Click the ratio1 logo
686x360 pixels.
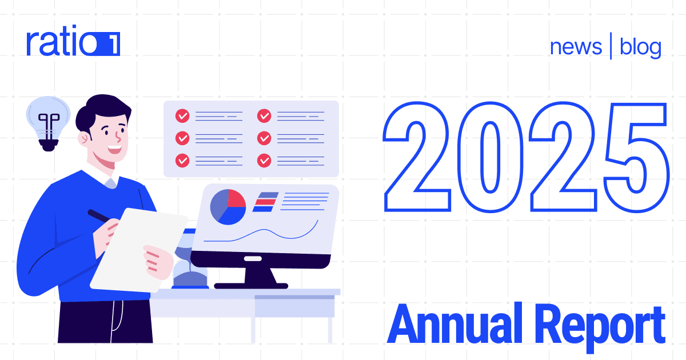tap(73, 43)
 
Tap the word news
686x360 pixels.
tap(576, 47)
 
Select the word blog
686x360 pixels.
tap(640, 47)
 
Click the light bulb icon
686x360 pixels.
tap(48, 123)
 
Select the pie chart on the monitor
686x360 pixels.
tap(228, 207)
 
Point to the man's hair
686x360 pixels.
tap(97, 114)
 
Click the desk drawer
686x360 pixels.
tap(294, 306)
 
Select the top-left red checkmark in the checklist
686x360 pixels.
tap(182, 116)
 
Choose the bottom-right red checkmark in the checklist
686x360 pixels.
tap(264, 161)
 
